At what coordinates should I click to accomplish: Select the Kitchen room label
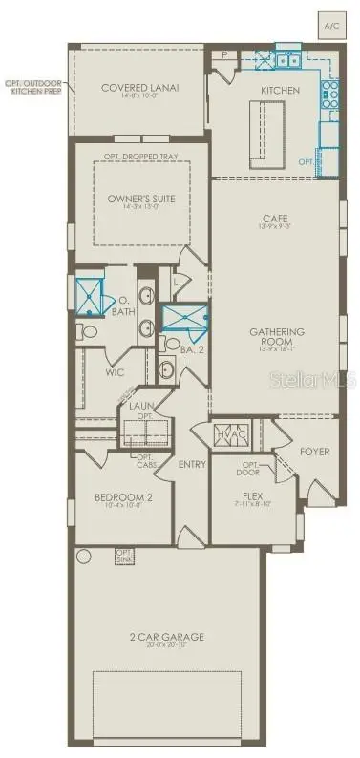coord(280,90)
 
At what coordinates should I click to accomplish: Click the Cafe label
coord(274,221)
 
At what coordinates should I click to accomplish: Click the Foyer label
coord(314,451)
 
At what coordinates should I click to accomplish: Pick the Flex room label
coord(252,496)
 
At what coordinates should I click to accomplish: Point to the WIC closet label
coord(114,373)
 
